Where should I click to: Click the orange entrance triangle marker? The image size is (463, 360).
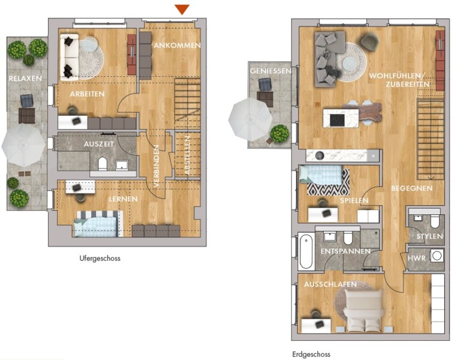pyautogui.click(x=182, y=9)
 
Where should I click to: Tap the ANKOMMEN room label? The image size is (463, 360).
pyautogui.click(x=177, y=46)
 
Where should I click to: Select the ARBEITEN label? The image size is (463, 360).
pyautogui.click(x=87, y=94)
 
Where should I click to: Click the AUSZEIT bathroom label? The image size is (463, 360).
pyautogui.click(x=98, y=145)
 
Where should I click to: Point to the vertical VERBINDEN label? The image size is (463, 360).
pyautogui.click(x=157, y=166)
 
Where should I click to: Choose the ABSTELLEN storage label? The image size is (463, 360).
pyautogui.click(x=187, y=155)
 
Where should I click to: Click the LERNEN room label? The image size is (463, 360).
pyautogui.click(x=123, y=199)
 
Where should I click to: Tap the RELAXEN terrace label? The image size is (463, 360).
pyautogui.click(x=25, y=79)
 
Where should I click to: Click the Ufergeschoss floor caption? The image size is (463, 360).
pyautogui.click(x=100, y=259)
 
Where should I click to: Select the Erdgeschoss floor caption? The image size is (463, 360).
pyautogui.click(x=311, y=355)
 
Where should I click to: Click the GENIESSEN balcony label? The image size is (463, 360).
pyautogui.click(x=270, y=71)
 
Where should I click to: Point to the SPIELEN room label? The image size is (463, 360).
pyautogui.click(x=354, y=201)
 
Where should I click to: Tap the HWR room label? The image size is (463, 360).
pyautogui.click(x=417, y=259)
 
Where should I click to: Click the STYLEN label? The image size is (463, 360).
pyautogui.click(x=429, y=236)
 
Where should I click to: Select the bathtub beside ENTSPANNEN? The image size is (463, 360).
pyautogui.click(x=306, y=251)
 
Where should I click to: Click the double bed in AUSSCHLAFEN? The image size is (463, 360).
pyautogui.click(x=364, y=310)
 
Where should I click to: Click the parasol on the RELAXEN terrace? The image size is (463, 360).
pyautogui.click(x=23, y=145)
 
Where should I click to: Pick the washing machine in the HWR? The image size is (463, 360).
pyautogui.click(x=437, y=256)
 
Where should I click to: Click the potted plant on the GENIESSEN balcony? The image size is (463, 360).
pyautogui.click(x=279, y=134)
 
